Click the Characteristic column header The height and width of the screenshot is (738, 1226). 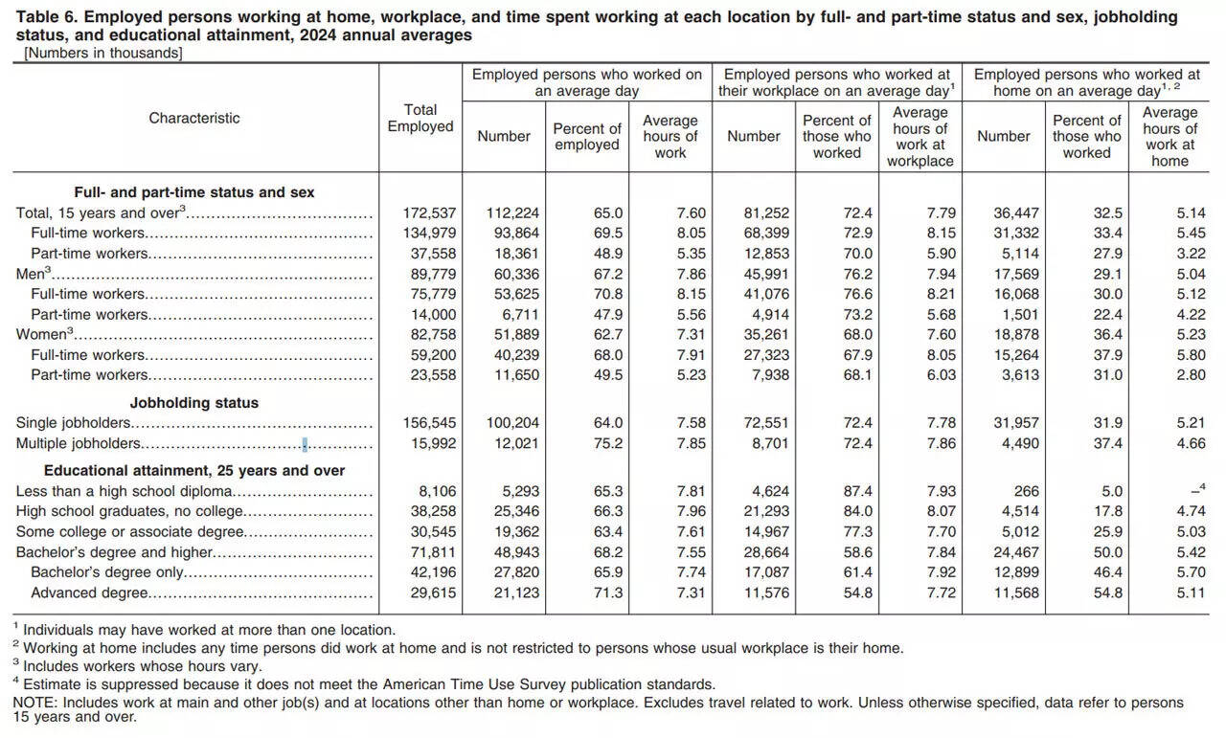point(194,118)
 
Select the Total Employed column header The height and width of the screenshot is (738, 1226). point(420,118)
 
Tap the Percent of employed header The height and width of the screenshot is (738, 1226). point(587,136)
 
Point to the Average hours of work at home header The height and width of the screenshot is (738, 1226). point(1169,136)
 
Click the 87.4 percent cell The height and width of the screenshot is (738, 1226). point(853,491)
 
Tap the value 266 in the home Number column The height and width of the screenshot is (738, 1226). point(1025,491)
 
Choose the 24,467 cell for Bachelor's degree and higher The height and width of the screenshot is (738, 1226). point(1013,552)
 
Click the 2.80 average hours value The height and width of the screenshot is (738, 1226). point(1191,374)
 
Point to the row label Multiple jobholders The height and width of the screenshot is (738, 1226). point(79,443)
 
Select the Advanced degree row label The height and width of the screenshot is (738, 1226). point(89,593)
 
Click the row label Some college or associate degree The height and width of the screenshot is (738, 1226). point(130,531)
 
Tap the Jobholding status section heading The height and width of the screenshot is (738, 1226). point(194,403)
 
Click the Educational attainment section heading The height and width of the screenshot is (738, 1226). point(194,470)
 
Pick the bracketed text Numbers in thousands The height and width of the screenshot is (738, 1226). point(102,53)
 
